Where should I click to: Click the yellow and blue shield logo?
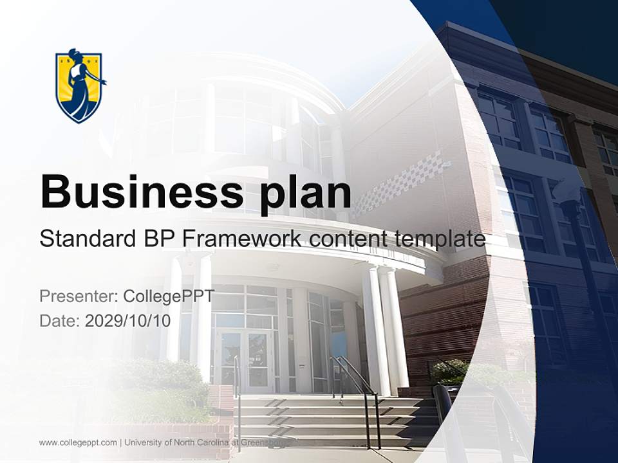tap(80, 86)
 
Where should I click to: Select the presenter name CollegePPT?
tap(169, 296)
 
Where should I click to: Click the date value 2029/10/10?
tap(128, 321)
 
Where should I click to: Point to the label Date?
tap(60, 321)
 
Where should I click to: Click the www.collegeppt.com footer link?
tap(78, 442)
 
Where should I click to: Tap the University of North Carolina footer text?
tap(206, 442)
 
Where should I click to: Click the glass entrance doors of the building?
tap(247, 360)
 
